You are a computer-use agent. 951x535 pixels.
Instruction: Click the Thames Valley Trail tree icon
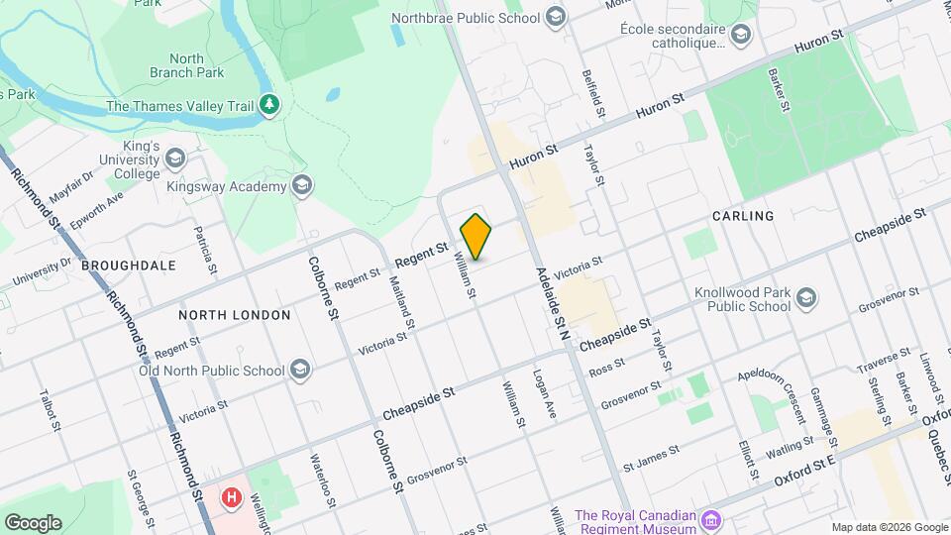coord(268,104)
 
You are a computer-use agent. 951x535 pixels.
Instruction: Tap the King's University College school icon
coord(175,160)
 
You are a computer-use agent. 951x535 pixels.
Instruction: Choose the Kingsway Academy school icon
coord(301,186)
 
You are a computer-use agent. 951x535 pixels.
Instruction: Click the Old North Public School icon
coord(300,371)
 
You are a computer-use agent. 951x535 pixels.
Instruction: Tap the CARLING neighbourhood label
coord(742,216)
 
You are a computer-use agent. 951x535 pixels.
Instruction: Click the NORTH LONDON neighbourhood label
coord(235,315)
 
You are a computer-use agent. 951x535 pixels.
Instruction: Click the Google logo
coord(33,523)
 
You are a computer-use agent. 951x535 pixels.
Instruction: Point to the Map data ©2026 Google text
coord(888,527)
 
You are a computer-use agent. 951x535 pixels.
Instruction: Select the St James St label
coord(650,457)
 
